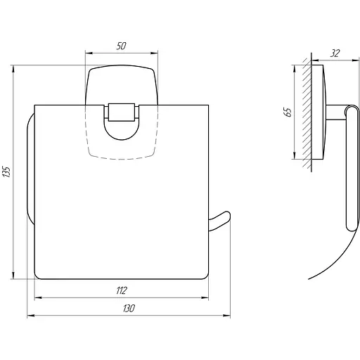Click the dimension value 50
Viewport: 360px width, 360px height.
[x=121, y=46]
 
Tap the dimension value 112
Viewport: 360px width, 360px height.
[x=122, y=290]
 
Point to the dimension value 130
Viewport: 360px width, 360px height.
[x=129, y=309]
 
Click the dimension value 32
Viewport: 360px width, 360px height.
[x=335, y=53]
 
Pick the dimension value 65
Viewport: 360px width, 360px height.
[x=288, y=112]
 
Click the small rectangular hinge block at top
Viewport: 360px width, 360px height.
[x=122, y=112]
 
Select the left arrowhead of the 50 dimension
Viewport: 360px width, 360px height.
[x=89, y=53]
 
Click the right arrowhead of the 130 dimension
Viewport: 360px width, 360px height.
[x=226, y=316]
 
